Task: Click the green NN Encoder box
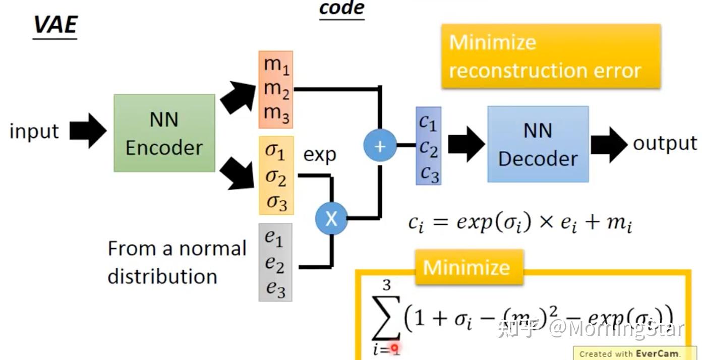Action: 164,133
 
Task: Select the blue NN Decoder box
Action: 538,144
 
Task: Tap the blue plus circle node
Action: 380,146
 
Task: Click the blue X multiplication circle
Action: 331,218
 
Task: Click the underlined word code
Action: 341,9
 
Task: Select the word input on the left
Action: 34,131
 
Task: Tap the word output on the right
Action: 665,143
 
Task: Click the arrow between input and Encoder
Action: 88,131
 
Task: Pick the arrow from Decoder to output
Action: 609,145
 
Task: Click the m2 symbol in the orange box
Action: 276,89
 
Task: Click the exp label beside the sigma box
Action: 319,155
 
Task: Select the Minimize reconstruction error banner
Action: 550,56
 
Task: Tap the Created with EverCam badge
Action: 634,353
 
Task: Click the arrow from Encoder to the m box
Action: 239,98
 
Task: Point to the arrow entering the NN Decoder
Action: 465,145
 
